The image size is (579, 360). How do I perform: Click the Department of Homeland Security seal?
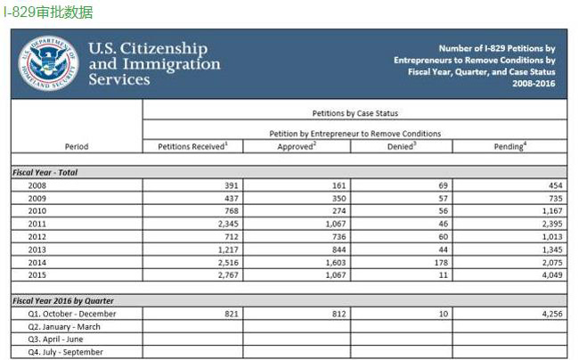48,61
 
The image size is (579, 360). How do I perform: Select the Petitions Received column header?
192,146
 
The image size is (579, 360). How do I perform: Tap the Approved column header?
297,146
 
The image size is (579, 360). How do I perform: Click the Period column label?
77,146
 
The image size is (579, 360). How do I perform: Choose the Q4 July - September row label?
65,352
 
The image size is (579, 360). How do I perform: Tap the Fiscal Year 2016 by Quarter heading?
63,300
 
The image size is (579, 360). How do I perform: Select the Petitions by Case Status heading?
355,114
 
